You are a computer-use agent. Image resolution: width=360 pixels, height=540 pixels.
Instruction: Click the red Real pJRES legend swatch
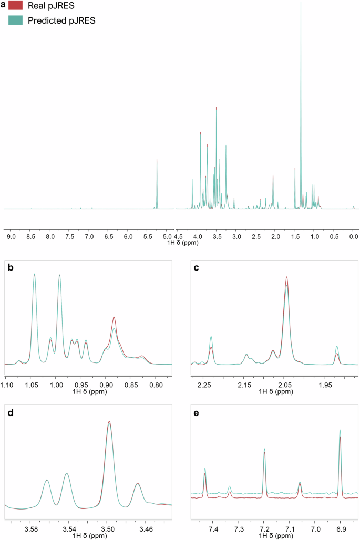coord(16,6)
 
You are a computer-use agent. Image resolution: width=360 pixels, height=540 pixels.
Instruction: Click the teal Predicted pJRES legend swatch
coord(16,21)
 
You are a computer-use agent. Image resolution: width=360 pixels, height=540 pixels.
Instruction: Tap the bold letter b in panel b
coord(11,267)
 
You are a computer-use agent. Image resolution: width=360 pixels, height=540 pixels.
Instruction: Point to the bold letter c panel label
coord(196,267)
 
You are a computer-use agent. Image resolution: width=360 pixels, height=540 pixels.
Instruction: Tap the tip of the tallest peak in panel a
coord(301,2)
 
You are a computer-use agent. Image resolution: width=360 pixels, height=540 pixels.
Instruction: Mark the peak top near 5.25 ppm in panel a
coord(157,159)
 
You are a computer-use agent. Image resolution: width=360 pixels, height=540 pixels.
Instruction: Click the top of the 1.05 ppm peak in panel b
coord(34,274)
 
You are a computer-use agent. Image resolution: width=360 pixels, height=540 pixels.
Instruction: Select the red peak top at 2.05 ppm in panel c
coord(286,277)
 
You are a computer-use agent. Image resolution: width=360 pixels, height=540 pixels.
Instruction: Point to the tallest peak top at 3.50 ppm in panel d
coord(109,421)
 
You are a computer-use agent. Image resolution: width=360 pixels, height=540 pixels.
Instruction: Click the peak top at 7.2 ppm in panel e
coord(264,449)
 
